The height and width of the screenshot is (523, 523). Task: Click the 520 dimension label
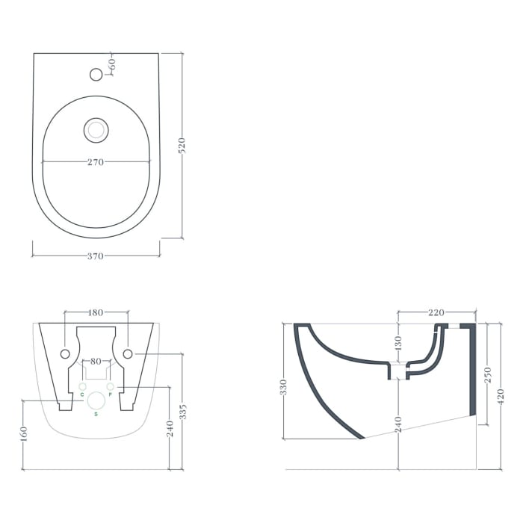click(x=182, y=146)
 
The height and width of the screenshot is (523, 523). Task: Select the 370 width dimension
click(x=95, y=256)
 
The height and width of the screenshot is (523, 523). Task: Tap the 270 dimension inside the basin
click(x=95, y=161)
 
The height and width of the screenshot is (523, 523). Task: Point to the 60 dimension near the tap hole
click(x=112, y=65)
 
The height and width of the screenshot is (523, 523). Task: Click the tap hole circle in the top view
click(x=96, y=74)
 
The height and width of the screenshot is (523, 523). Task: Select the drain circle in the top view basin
click(x=96, y=130)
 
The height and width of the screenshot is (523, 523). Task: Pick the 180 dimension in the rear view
click(x=96, y=312)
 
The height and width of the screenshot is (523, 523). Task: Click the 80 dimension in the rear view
click(x=96, y=362)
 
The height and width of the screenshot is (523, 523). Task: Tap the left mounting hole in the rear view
click(x=65, y=353)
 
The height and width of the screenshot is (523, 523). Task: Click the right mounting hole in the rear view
click(x=127, y=353)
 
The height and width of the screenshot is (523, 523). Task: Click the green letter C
click(x=81, y=394)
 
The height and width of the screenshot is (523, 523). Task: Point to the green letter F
click(x=110, y=394)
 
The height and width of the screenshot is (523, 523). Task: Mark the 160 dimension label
click(x=25, y=434)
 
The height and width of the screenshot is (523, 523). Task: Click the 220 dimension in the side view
click(x=436, y=312)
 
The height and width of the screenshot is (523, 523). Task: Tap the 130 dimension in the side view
click(x=398, y=343)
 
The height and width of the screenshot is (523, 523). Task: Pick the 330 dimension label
click(x=283, y=387)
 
